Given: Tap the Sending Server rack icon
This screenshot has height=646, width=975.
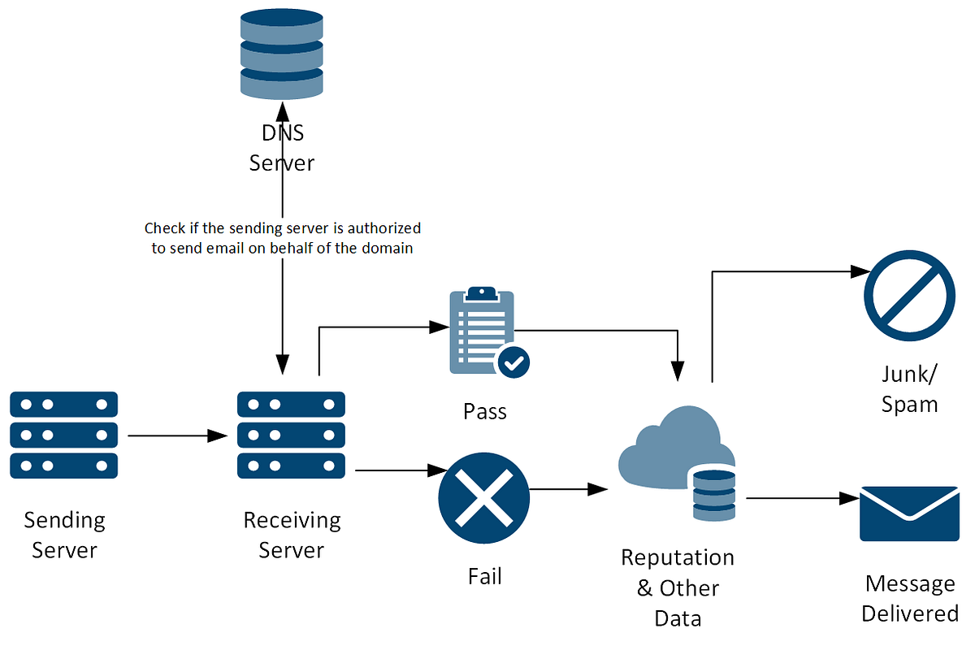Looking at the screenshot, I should (x=64, y=435).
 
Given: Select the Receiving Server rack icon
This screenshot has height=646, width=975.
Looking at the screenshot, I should (x=291, y=435).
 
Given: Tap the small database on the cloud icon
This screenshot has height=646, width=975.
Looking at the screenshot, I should (x=714, y=493).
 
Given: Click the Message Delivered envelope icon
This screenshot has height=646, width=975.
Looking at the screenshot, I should (x=909, y=514).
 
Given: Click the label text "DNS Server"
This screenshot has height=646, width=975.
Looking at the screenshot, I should (x=282, y=149).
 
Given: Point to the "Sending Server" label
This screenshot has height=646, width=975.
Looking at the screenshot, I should (x=64, y=535).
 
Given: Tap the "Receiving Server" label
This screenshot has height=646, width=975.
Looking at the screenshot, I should (x=292, y=535).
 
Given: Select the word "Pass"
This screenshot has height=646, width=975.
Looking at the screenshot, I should (x=485, y=411).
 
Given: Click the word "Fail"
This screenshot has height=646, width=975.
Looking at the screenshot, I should (x=485, y=576).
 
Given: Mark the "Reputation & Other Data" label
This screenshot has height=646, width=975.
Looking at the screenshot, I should (x=678, y=587).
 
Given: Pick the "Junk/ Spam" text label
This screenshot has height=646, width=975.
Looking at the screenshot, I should (x=910, y=388).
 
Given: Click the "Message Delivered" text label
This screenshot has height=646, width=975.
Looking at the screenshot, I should (x=910, y=598).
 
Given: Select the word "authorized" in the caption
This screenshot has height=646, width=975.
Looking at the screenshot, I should (x=387, y=228).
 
